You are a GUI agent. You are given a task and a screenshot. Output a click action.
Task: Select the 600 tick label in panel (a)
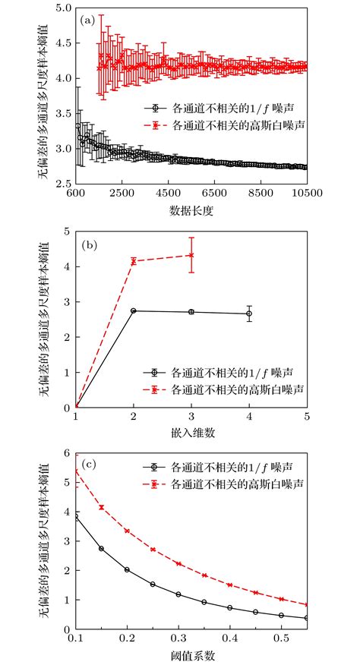(75, 196)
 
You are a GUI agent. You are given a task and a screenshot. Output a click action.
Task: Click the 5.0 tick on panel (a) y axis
(63, 9)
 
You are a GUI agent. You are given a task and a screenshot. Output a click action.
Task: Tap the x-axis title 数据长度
(191, 211)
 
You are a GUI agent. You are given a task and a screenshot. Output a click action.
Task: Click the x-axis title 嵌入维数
(191, 433)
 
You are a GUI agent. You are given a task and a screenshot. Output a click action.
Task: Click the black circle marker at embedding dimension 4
(249, 314)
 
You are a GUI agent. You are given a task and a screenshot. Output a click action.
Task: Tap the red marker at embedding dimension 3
(191, 255)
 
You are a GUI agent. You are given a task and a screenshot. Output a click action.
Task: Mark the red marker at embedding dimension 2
(134, 261)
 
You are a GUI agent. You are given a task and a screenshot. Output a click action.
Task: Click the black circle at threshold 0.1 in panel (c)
(75, 517)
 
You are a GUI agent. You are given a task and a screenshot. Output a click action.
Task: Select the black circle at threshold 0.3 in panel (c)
(178, 594)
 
